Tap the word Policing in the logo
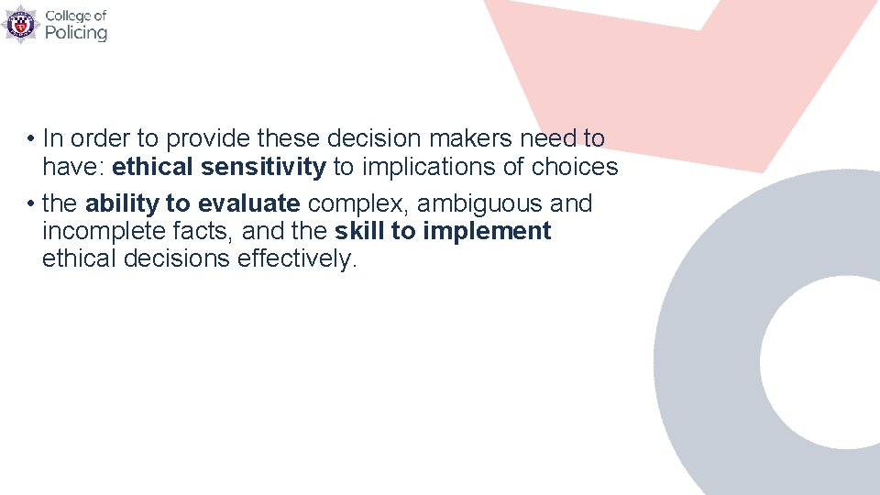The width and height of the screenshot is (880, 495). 76,33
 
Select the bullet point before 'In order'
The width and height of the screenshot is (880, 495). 30,139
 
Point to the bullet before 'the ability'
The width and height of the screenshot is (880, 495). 30,203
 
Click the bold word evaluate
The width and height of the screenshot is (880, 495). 249,203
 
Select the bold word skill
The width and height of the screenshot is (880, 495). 360,231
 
